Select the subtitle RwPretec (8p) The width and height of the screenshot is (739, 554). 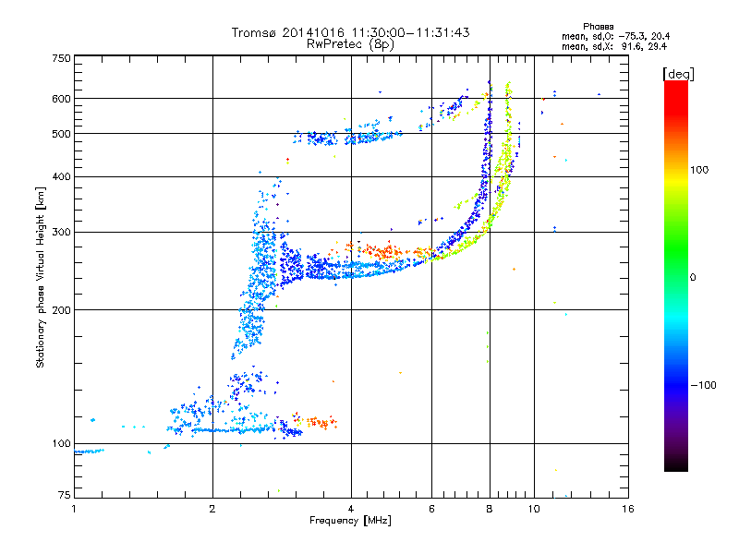[x=350, y=44]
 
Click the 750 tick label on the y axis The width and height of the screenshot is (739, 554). [x=61, y=58]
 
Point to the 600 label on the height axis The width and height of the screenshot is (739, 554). [x=61, y=99]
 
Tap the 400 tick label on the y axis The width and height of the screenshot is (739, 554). [x=61, y=176]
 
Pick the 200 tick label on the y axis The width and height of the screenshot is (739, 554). [x=61, y=310]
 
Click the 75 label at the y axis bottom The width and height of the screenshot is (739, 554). [x=65, y=495]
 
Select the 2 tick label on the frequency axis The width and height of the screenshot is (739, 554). [x=212, y=509]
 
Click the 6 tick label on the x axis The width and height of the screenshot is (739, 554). [x=431, y=509]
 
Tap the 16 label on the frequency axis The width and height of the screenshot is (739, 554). [x=628, y=509]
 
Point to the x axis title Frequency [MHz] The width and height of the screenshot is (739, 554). [x=350, y=521]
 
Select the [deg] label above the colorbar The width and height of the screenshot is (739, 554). [x=678, y=74]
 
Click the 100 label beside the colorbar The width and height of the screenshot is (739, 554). [x=699, y=170]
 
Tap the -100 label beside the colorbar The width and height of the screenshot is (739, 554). [x=703, y=385]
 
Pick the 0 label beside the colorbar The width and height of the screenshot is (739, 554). [x=693, y=278]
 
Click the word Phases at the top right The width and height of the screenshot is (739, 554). [x=598, y=27]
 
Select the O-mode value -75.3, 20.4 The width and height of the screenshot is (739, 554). [x=644, y=37]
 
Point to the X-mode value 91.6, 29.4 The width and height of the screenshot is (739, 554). [x=644, y=47]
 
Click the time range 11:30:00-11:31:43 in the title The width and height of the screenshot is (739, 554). [x=410, y=32]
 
